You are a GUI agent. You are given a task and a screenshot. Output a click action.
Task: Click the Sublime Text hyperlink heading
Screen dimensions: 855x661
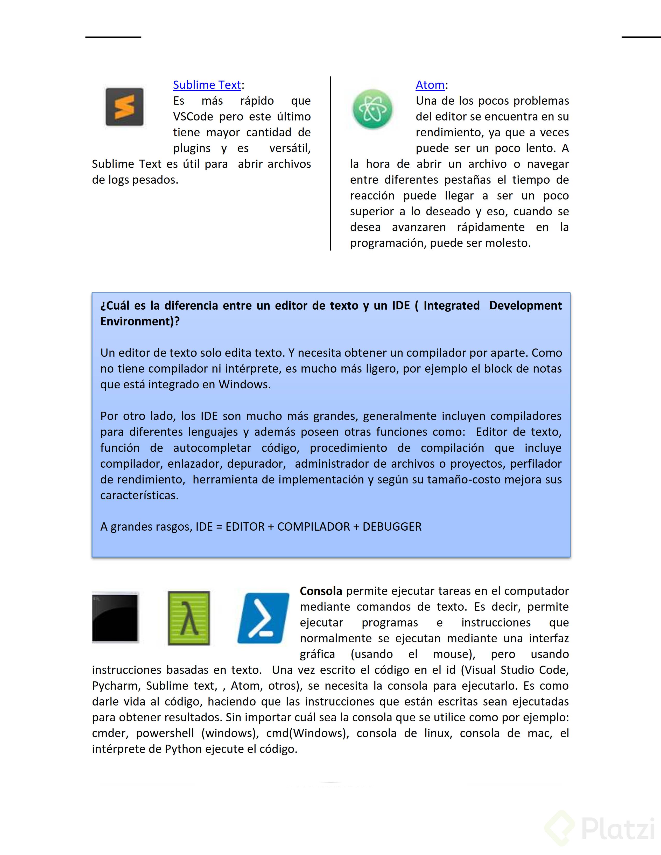[207, 85]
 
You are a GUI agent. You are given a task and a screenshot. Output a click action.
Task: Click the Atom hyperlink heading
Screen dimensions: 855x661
[430, 85]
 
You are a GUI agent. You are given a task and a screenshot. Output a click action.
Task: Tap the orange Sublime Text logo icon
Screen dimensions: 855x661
[124, 107]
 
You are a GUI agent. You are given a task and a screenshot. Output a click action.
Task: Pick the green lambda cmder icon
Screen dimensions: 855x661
[189, 618]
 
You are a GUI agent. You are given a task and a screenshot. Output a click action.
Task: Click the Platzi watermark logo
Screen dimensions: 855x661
[599, 828]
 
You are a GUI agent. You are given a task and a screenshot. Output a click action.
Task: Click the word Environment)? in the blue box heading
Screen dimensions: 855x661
[140, 322]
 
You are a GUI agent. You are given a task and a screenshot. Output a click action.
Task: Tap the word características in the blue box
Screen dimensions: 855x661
[139, 495]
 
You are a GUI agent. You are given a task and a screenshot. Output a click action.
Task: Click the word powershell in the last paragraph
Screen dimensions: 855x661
[165, 733]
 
